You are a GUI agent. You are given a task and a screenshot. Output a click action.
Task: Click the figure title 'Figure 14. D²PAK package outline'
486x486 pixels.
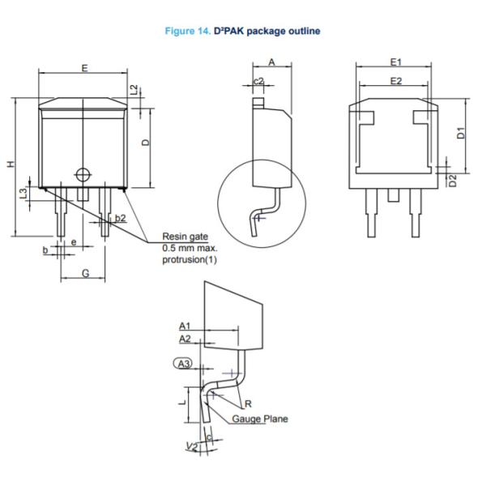[x=242, y=31]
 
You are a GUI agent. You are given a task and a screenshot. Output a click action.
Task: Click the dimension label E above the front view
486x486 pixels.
[x=84, y=67]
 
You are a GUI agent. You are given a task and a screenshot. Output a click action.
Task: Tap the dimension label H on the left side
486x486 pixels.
[x=11, y=164]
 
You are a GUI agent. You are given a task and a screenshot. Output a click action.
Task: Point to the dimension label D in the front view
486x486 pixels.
[x=146, y=142]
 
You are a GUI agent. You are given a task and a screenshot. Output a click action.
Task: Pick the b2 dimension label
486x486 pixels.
[x=120, y=218]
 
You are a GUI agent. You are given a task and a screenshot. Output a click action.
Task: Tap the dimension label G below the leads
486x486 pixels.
[x=85, y=274]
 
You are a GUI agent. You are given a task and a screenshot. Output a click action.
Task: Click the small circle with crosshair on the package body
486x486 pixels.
[x=82, y=173]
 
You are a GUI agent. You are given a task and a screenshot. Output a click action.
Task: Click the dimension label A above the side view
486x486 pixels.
[x=271, y=62]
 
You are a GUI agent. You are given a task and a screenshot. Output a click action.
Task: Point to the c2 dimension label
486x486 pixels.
[x=258, y=81]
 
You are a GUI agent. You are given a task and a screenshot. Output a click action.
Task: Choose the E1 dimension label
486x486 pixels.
[x=395, y=62]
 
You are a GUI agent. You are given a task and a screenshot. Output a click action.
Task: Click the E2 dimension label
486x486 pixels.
[x=395, y=81]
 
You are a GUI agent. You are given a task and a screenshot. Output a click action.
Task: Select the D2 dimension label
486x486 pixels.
[x=454, y=180]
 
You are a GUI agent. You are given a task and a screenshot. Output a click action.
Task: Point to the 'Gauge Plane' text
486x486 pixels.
[x=259, y=419]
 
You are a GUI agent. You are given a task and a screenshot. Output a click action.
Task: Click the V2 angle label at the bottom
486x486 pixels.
[x=191, y=446]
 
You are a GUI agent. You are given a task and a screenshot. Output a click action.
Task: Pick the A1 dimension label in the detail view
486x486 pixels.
[x=185, y=325]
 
